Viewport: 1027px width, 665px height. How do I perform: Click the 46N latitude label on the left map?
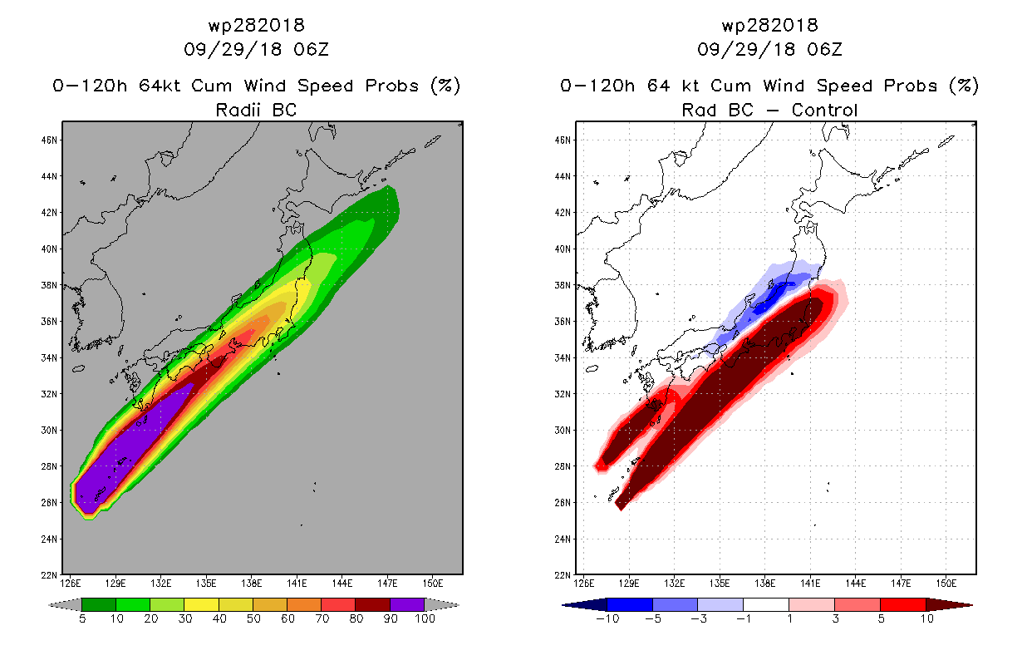49,140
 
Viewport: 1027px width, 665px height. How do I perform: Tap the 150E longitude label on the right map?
946,584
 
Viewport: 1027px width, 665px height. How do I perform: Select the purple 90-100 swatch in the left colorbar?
407,604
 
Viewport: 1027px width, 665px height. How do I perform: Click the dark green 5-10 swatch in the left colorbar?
99,604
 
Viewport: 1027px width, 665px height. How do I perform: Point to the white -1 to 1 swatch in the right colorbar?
766,604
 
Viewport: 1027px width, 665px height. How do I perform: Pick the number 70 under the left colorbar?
322,618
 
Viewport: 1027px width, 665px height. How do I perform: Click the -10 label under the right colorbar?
607,618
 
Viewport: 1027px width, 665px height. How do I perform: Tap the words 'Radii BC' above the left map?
256,110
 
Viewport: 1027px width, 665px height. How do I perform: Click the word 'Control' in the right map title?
824,110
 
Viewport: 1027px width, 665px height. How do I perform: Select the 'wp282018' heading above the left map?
256,26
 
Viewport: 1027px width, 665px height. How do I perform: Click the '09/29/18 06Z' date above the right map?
769,49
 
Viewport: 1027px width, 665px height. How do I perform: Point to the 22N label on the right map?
563,575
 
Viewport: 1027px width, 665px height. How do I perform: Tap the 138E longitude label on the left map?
251,584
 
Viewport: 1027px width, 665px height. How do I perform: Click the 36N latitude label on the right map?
563,322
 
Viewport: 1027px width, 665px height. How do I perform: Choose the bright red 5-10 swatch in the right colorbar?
903,604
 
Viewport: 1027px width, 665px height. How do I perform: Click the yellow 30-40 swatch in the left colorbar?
202,604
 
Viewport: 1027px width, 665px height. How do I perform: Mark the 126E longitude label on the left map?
70,584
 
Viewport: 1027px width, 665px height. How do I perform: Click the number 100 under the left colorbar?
425,618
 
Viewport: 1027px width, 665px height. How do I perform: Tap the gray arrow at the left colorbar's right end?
442,605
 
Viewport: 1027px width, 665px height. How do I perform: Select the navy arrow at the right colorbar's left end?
585,605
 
